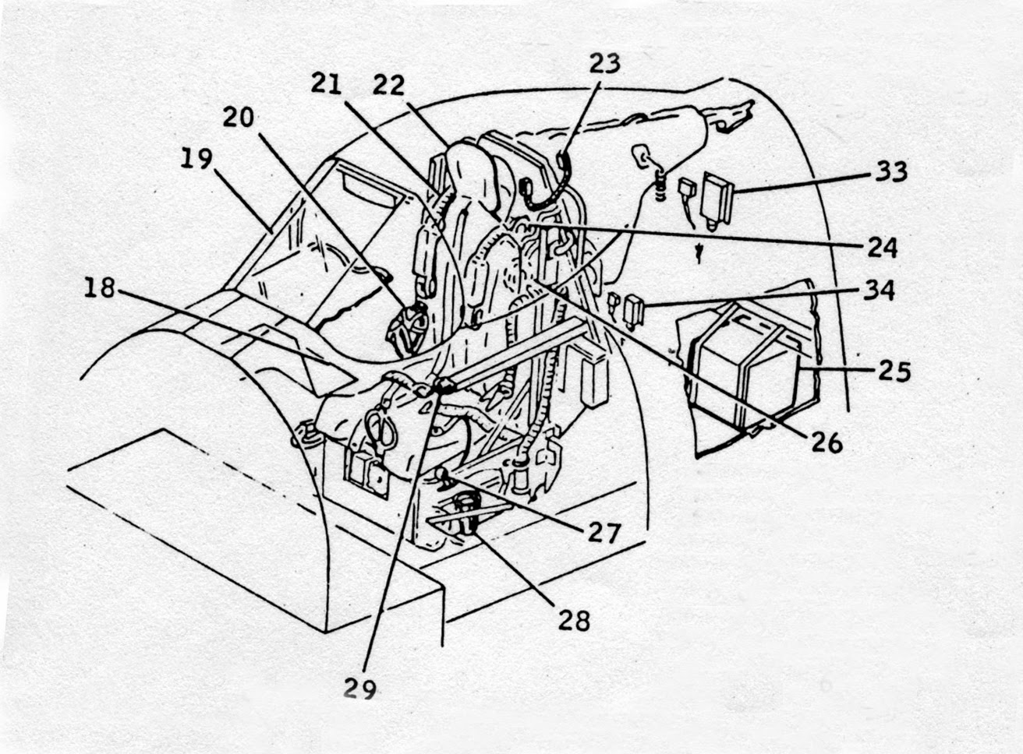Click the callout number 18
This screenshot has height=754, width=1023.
pos(100,288)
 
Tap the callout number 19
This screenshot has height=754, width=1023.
pos(196,160)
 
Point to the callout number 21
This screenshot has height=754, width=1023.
pos(327,83)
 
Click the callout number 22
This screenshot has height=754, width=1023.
pos(388,84)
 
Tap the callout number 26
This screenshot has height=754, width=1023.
pos(826,442)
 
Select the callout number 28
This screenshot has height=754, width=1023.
pos(573,620)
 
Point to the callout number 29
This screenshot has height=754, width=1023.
pos(359,689)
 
